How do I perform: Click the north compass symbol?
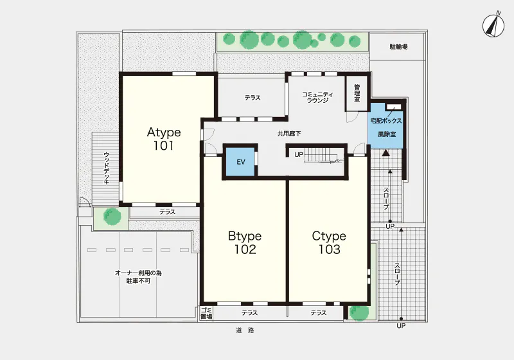tap(493, 25)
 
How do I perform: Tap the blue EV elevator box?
tap(240, 162)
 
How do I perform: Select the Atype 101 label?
tap(164, 139)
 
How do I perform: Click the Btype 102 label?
tap(245, 242)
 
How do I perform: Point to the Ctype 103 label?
tap(329, 242)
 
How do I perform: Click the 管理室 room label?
tap(357, 93)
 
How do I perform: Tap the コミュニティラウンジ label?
tap(317, 97)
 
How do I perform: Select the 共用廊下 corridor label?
tap(289, 134)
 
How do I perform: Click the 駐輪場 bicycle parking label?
tap(398, 46)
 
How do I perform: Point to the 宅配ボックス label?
tap(386, 121)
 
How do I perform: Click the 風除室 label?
tap(387, 134)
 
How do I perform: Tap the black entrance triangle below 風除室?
tap(386, 152)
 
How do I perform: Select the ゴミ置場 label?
tap(206, 313)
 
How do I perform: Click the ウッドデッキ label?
tap(107, 168)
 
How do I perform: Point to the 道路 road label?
tap(245, 330)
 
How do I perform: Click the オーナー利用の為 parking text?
tap(138, 273)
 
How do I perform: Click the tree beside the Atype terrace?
tap(112, 216)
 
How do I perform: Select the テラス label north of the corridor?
tap(253, 98)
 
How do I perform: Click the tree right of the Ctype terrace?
tap(359, 313)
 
